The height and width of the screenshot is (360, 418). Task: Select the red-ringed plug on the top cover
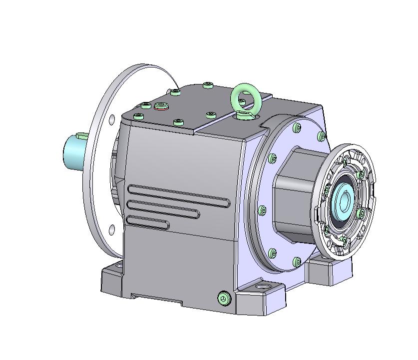161,105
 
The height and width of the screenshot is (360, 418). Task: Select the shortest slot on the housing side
147,221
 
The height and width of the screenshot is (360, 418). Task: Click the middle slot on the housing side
163,208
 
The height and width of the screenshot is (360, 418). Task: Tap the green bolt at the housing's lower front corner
224,298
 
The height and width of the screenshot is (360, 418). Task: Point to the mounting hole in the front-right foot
263,288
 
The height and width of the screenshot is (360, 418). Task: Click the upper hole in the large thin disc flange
112,119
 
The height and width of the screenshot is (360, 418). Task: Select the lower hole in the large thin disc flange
112,230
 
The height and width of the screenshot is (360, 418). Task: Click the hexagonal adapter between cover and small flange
295,195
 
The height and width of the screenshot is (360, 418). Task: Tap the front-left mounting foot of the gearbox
111,280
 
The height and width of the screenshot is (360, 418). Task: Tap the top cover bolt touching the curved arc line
175,91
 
